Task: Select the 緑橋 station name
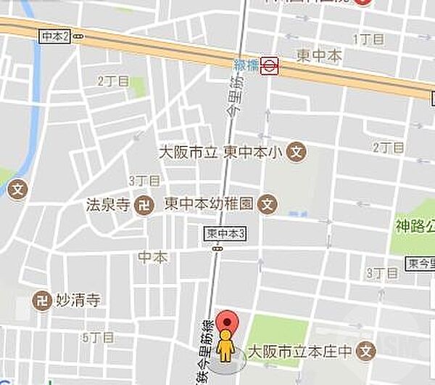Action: [246, 65]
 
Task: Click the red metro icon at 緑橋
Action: [270, 66]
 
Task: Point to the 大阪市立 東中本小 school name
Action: [221, 153]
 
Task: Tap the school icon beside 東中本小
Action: [296, 153]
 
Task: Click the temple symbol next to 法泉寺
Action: [144, 204]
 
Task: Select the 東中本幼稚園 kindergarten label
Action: [210, 204]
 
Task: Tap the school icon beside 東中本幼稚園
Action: [269, 204]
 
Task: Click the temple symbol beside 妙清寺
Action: [42, 299]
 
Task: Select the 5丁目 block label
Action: [99, 337]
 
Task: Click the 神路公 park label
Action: [415, 225]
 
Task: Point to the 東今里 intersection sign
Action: [423, 262]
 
